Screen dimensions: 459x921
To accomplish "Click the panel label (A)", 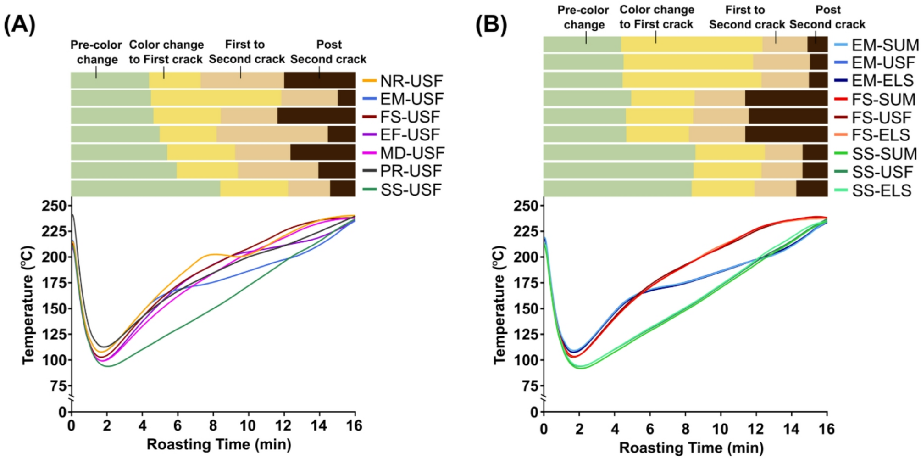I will pyautogui.click(x=19, y=25).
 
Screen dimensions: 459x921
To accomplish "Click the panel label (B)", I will pyautogui.click(x=491, y=25).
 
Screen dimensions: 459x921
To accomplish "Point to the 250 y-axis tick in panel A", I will pyautogui.click(x=54, y=206).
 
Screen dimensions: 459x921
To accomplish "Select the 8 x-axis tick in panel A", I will pyautogui.click(x=213, y=425).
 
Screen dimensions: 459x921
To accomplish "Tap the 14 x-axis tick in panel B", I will pyautogui.click(x=791, y=429).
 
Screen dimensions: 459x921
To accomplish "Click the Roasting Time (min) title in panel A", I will pyautogui.click(x=219, y=444).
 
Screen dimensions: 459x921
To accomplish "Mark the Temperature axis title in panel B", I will pyautogui.click(x=499, y=305).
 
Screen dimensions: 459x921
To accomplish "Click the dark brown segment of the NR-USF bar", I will pyautogui.click(x=320, y=80).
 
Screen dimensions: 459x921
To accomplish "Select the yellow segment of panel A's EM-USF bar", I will pyautogui.click(x=216, y=98).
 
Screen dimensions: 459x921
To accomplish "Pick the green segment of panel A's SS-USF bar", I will pyautogui.click(x=145, y=189).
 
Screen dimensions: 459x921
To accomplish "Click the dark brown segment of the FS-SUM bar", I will pyautogui.click(x=786, y=98).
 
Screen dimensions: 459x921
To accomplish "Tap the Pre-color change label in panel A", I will pyautogui.click(x=96, y=52).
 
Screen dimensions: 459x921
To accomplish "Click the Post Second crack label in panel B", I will pyautogui.click(x=827, y=17).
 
